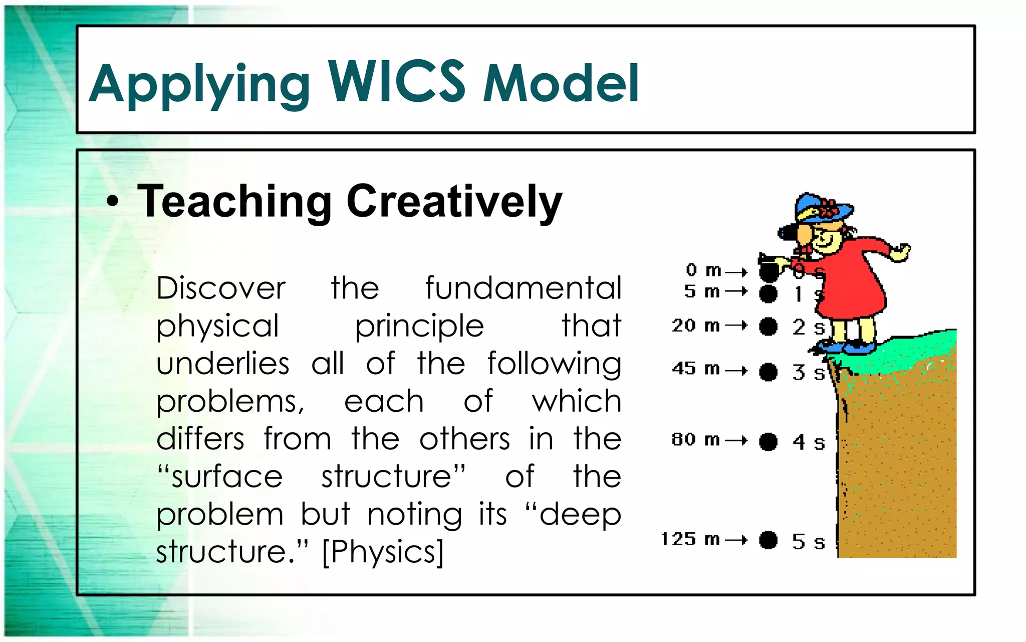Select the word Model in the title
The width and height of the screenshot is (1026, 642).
coord(561,83)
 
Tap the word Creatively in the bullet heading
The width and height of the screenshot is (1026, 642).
coord(454,202)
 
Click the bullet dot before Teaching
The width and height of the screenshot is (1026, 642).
coord(113,202)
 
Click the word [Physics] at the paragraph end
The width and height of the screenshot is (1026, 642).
coord(383,552)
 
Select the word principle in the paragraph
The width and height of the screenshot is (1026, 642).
coord(419,326)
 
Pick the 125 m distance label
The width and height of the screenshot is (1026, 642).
coord(690,540)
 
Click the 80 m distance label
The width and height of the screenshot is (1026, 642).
coord(695,440)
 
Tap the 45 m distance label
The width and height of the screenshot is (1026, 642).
coord(696,369)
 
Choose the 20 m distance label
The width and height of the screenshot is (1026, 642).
coord(696,326)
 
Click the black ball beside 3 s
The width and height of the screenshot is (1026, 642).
coord(768,372)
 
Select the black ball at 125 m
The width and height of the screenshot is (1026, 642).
coord(768,540)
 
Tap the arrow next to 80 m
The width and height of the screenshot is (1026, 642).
coord(736,441)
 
